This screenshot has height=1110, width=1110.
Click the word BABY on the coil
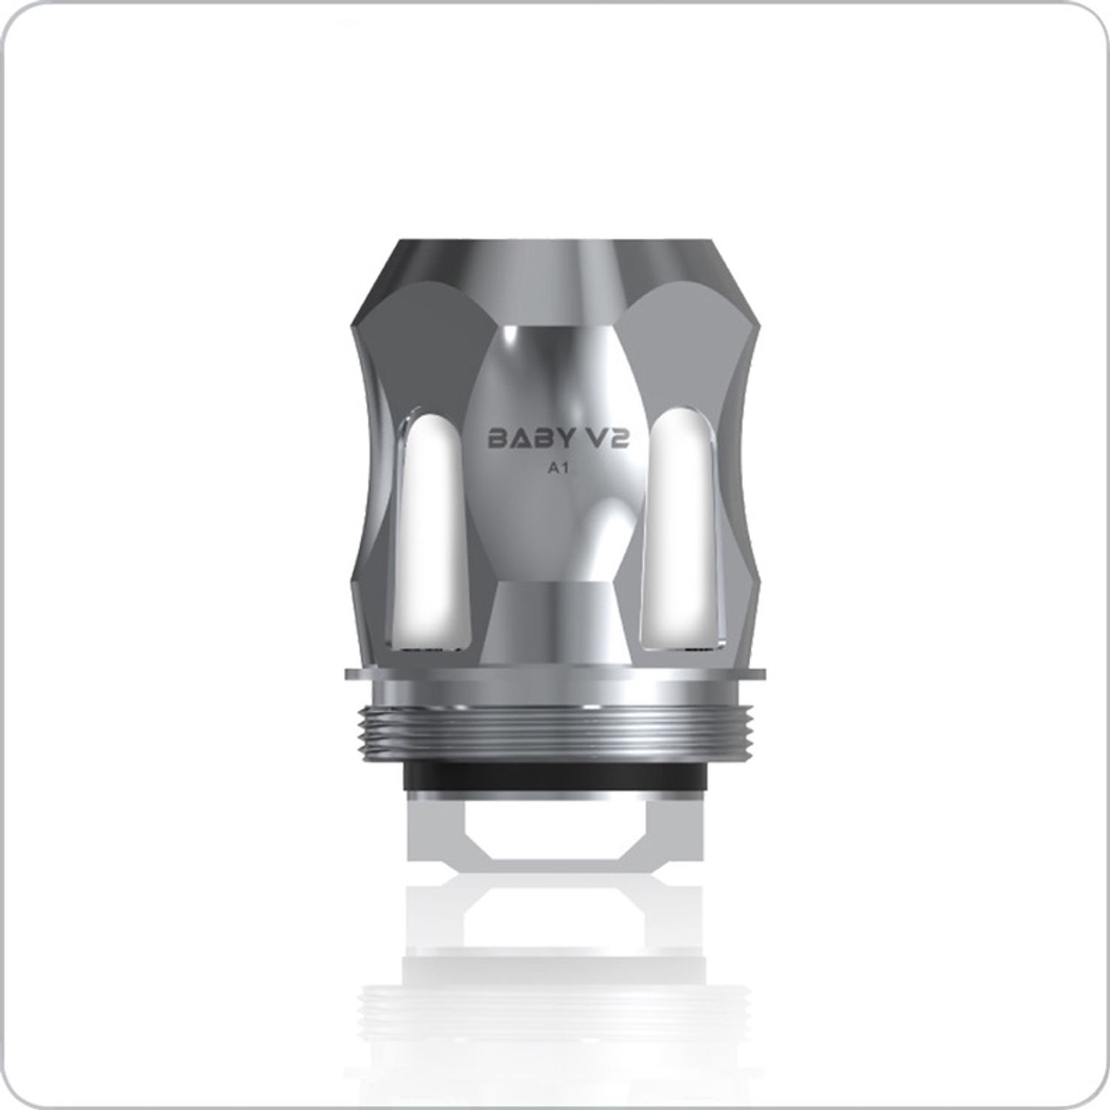coord(531,439)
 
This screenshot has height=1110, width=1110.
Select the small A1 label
coord(555,468)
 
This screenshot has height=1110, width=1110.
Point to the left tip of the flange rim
coord(349,673)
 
